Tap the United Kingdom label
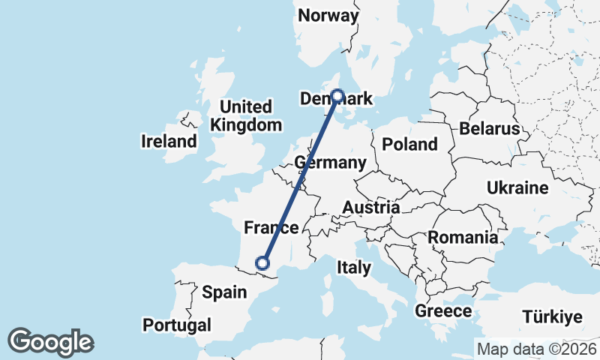247,115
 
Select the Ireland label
169,141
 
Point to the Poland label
409,144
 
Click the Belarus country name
489,128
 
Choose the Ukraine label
517,187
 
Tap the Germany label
331,163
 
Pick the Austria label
370,207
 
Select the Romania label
463,238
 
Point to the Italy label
354,267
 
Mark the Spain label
224,292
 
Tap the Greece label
444,310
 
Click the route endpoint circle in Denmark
337,96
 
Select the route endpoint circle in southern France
262,262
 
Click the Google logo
50,342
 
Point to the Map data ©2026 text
536,349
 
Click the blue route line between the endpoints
300,179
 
